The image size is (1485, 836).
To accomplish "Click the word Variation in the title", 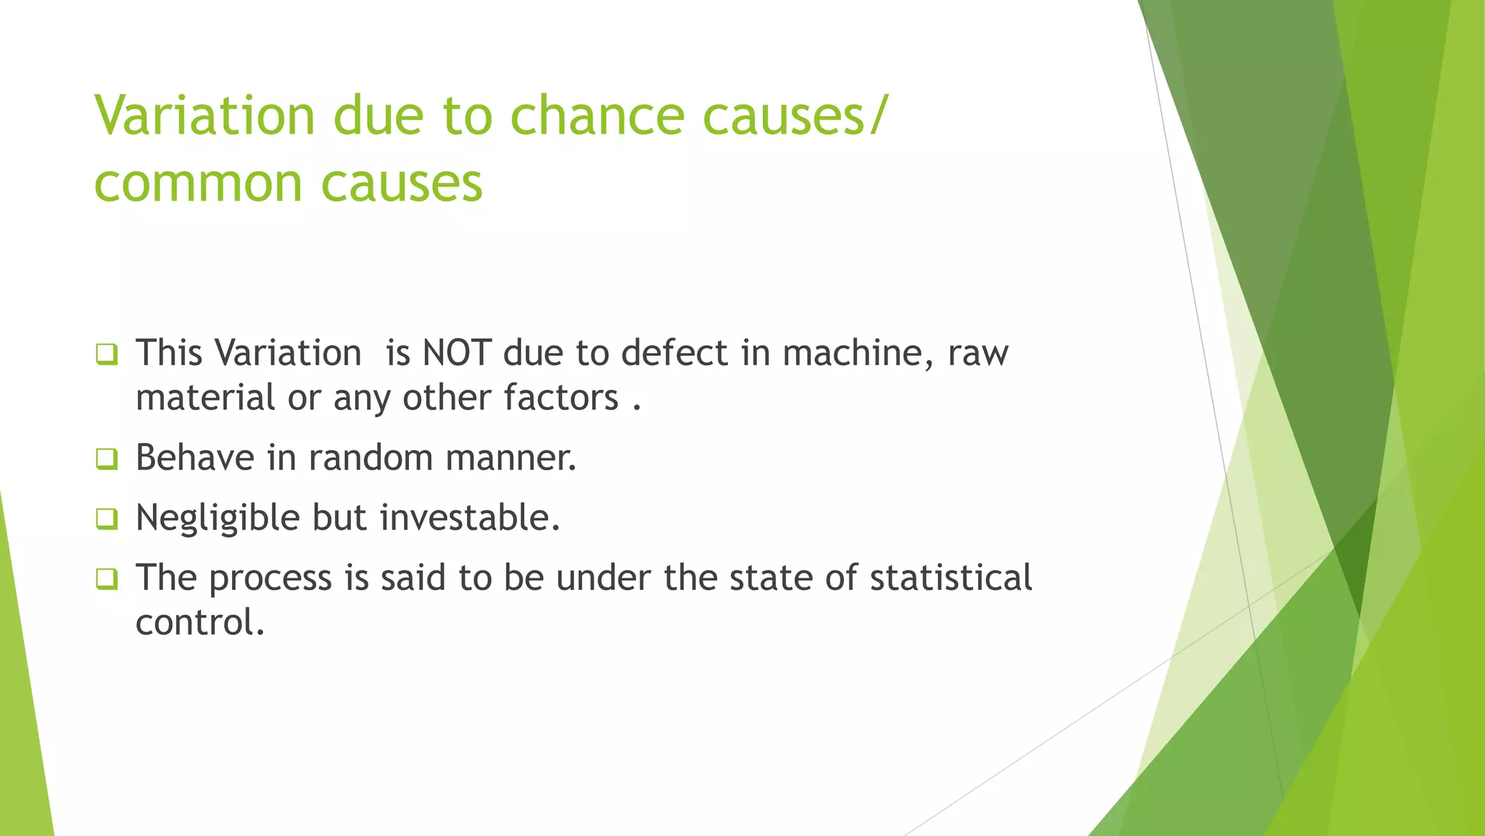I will pos(204,115).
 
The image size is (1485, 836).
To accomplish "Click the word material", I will pos(205,398).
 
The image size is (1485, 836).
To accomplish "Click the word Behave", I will pos(195,458).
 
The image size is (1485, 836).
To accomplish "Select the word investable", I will pos(470,518).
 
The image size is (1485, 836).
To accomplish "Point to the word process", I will pos(270,578).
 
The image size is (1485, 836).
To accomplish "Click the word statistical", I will pos(951,578).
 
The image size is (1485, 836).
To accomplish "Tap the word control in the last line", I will pos(199,623).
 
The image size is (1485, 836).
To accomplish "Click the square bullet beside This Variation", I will pos(107,354).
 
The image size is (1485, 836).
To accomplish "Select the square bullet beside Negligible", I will pos(107,519).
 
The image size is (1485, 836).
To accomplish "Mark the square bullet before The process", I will pos(107,579).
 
